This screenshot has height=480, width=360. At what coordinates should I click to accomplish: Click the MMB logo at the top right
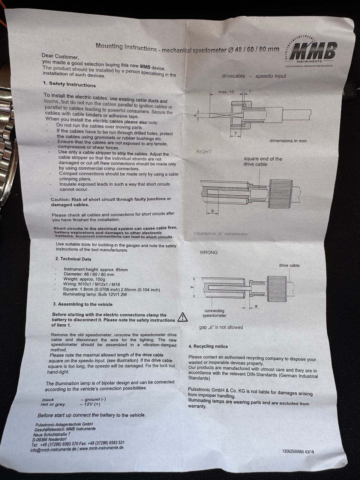click(310, 51)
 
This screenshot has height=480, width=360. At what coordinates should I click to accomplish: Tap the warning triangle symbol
click(183, 317)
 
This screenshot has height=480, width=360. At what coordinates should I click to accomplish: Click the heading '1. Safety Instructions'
click(69, 84)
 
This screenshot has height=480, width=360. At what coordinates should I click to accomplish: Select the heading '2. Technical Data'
click(73, 259)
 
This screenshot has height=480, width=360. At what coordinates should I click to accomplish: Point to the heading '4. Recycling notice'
click(208, 346)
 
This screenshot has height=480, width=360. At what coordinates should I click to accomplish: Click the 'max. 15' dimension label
click(226, 92)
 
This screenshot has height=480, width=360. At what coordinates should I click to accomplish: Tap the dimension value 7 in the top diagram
click(235, 133)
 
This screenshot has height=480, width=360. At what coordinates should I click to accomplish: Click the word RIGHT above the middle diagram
click(204, 152)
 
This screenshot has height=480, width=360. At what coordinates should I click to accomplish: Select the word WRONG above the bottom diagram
click(208, 252)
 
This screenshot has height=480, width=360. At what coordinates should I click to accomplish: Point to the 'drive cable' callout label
click(289, 265)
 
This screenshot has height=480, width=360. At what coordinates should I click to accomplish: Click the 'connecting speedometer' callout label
click(214, 313)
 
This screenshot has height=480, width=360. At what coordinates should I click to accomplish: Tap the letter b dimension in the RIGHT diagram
click(213, 211)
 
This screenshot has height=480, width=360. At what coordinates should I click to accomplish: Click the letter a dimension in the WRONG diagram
click(256, 306)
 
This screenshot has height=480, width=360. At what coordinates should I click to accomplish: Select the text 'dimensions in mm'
click(288, 141)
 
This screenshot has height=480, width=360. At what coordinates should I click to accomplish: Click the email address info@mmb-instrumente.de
click(53, 449)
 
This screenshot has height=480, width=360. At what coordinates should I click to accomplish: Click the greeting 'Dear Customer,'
click(60, 56)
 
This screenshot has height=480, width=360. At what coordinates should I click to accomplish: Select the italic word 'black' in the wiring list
click(48, 399)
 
